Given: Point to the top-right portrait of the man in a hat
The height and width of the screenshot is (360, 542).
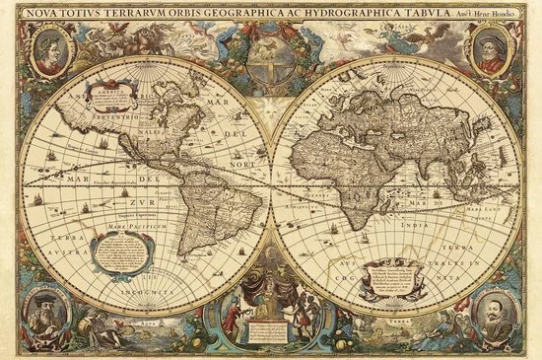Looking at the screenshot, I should click(x=493, y=48).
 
